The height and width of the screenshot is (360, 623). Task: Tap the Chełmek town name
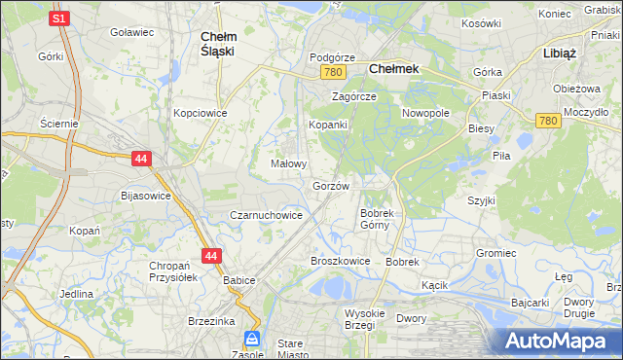click(x=394, y=70)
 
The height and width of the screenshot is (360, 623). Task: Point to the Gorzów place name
click(x=331, y=185)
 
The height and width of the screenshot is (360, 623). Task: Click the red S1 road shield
click(x=60, y=18)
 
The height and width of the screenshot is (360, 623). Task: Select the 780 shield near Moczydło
click(x=547, y=120)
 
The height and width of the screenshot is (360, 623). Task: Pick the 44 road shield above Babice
click(x=213, y=256)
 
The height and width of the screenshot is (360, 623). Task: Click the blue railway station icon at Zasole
click(x=252, y=339)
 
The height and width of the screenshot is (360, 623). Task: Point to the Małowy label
click(x=289, y=164)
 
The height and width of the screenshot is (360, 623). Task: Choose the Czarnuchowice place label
click(x=265, y=215)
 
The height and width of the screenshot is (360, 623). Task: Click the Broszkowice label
click(x=340, y=261)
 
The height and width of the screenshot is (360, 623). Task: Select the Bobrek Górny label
click(x=375, y=218)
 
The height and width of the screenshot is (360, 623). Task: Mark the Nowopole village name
click(x=425, y=113)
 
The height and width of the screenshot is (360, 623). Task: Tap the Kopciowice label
click(x=200, y=113)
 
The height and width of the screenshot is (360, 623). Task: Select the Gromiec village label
click(x=495, y=253)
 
